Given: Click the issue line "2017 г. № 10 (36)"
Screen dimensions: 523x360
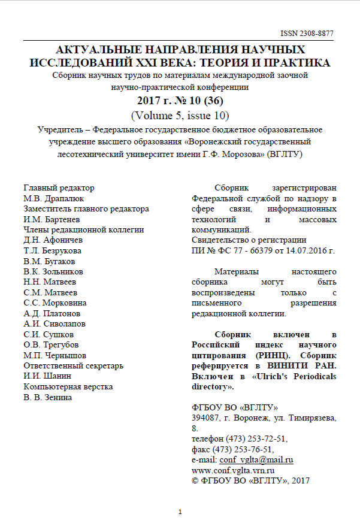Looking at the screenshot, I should pyautogui.click(x=180, y=99).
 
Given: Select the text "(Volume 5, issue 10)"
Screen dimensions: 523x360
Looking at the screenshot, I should pyautogui.click(x=180, y=114).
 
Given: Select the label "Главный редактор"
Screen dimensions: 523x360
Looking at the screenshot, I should pyautogui.click(x=59, y=188).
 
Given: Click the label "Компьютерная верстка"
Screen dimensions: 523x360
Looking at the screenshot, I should pyautogui.click(x=68, y=386).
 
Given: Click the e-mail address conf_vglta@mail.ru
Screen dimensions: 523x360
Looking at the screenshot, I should pyautogui.click(x=256, y=459).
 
